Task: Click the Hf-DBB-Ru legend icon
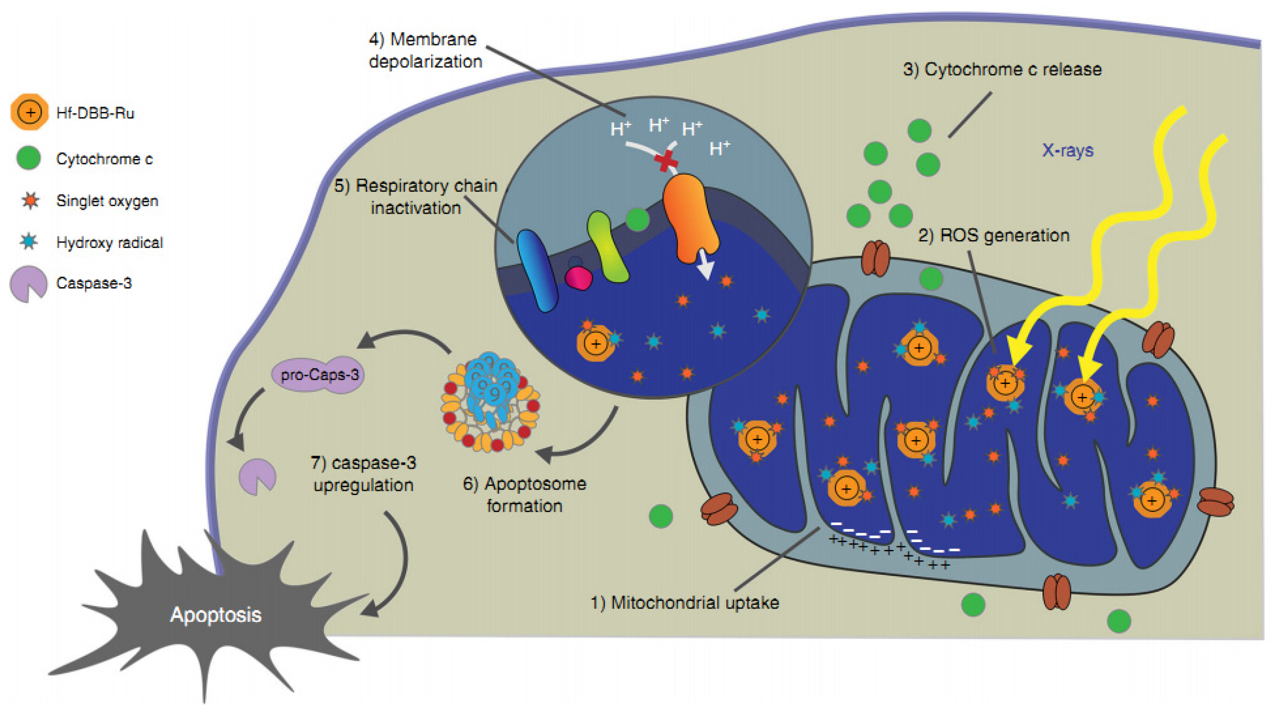point(30,112)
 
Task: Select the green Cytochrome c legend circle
point(29,158)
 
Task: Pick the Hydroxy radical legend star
point(29,242)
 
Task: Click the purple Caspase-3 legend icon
point(28,283)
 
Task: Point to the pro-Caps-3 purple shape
point(318,375)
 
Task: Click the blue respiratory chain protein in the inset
point(537,270)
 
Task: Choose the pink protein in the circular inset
point(579,278)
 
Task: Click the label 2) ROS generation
point(994,236)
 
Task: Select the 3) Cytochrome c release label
point(1002,69)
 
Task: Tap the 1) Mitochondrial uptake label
point(685,602)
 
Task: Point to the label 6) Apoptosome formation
point(524,494)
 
